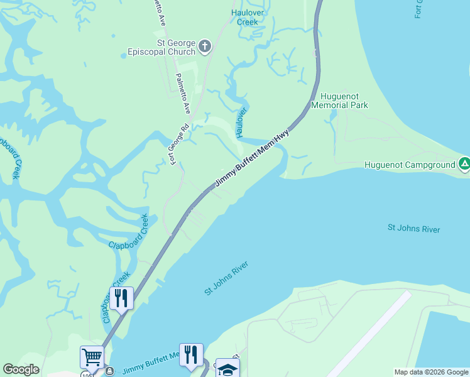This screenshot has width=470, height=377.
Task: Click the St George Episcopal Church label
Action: pyautogui.click(x=161, y=46)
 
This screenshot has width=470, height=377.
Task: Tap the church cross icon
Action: pyautogui.click(x=205, y=46)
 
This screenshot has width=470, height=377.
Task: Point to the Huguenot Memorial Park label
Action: pyautogui.click(x=344, y=101)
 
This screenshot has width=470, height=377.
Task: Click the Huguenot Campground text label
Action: pyautogui.click(x=410, y=165)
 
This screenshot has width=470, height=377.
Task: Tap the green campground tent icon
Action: pyautogui.click(x=464, y=165)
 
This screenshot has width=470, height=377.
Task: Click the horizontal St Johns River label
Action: pyautogui.click(x=413, y=229)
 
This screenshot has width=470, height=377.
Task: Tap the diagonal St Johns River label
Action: pyautogui.click(x=227, y=278)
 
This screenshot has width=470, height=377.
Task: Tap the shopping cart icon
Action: pyautogui.click(x=92, y=357)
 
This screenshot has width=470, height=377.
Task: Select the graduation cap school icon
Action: pyautogui.click(x=227, y=369)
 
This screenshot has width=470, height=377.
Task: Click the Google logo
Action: pyautogui.click(x=21, y=369)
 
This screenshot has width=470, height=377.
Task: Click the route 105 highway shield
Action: pyautogui.click(x=86, y=374)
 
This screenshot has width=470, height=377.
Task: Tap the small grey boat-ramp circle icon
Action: pyautogui.click(x=108, y=371)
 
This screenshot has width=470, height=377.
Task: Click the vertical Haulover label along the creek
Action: pyautogui.click(x=241, y=123)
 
